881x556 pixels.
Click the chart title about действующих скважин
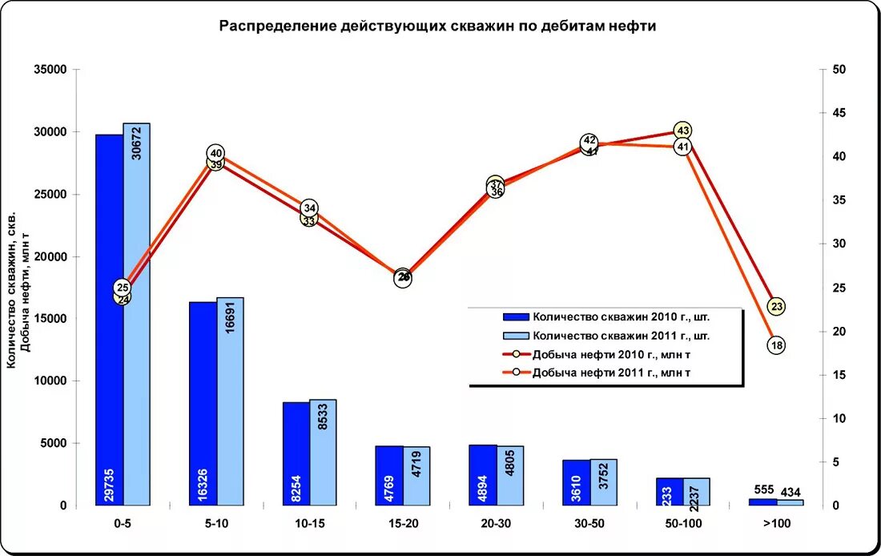[438, 26]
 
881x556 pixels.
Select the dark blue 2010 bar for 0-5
[109, 320]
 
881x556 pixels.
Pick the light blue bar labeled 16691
[230, 401]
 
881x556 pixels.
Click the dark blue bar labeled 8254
[296, 453]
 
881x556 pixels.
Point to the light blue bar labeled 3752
[604, 482]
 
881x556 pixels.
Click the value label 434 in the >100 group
[790, 491]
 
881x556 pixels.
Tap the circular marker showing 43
[682, 130]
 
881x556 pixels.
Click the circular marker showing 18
[776, 345]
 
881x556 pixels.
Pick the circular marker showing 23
[776, 306]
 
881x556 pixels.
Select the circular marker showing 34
[310, 208]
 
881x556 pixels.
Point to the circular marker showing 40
[215, 153]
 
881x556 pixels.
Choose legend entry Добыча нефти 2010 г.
[611, 354]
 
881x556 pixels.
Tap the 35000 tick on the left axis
[50, 70]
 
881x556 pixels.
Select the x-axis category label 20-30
[497, 523]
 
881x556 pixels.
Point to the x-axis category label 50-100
[683, 523]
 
